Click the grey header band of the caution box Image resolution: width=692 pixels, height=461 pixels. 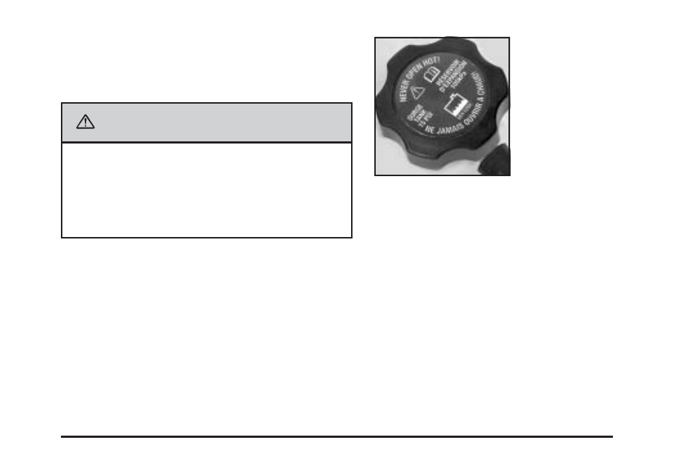click(207, 122)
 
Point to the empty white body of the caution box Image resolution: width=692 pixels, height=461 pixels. click(207, 190)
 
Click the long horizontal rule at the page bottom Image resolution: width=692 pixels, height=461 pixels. click(337, 436)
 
